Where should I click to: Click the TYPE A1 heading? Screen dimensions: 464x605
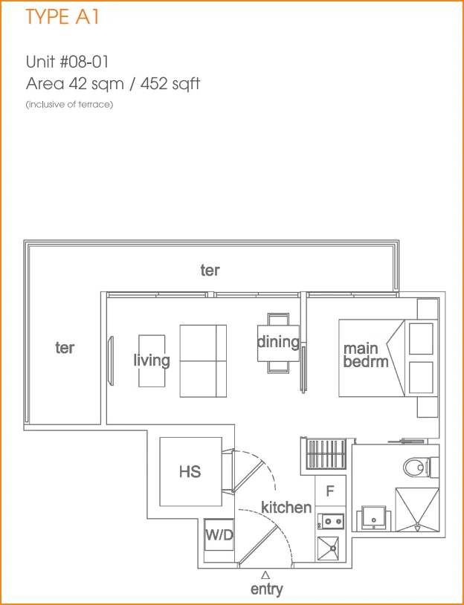click(62, 17)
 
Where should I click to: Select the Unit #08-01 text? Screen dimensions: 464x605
click(67, 62)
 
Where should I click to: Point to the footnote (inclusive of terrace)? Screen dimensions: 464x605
click(69, 105)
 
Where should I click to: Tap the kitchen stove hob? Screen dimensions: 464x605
click(330, 522)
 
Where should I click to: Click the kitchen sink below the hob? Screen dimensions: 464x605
click(328, 548)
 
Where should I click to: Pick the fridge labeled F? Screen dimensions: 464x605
click(329, 491)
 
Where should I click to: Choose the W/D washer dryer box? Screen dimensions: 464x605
click(219, 535)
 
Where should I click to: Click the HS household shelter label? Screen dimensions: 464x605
click(190, 471)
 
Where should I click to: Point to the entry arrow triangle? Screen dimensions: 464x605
click(265, 575)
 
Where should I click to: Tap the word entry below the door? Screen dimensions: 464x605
click(266, 589)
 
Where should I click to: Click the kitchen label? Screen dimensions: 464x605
click(286, 507)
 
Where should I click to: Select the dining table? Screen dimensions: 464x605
click(278, 343)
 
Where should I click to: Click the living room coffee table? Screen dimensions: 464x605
click(152, 360)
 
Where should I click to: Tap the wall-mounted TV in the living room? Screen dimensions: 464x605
click(112, 360)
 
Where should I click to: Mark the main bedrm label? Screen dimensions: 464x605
click(365, 355)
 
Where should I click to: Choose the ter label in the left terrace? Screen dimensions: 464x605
click(65, 348)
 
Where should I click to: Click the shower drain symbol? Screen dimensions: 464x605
click(417, 525)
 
